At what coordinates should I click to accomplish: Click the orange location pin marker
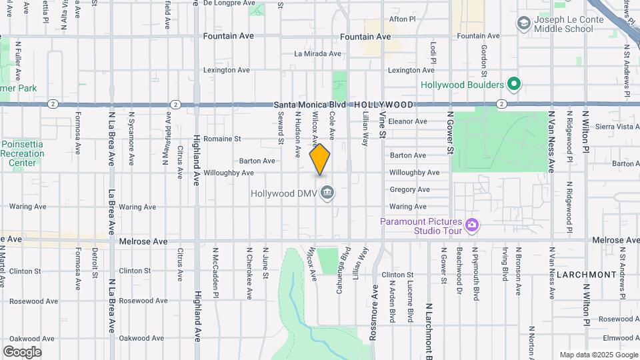click(320, 159)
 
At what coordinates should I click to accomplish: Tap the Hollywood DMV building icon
click(327, 193)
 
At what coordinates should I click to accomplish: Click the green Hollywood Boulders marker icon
click(513, 85)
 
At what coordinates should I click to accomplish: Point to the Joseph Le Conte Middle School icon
click(523, 24)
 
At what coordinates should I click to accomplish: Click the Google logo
click(22, 351)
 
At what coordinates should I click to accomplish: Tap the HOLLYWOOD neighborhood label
click(383, 105)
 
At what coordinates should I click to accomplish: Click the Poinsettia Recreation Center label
click(23, 153)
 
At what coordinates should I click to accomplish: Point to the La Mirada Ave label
click(317, 53)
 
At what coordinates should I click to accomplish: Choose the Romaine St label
click(222, 139)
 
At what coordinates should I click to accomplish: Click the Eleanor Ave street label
click(407, 121)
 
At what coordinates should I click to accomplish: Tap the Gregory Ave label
click(409, 189)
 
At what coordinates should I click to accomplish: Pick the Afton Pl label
click(402, 19)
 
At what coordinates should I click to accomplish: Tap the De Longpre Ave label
click(226, 3)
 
